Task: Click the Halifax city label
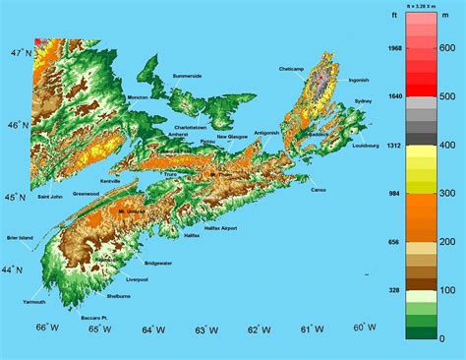(191, 236)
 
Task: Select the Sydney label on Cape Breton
(363, 101)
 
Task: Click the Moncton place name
(138, 97)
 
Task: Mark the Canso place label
(318, 190)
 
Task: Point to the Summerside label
(187, 76)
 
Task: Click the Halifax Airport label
(220, 227)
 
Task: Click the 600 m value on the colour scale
(445, 46)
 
